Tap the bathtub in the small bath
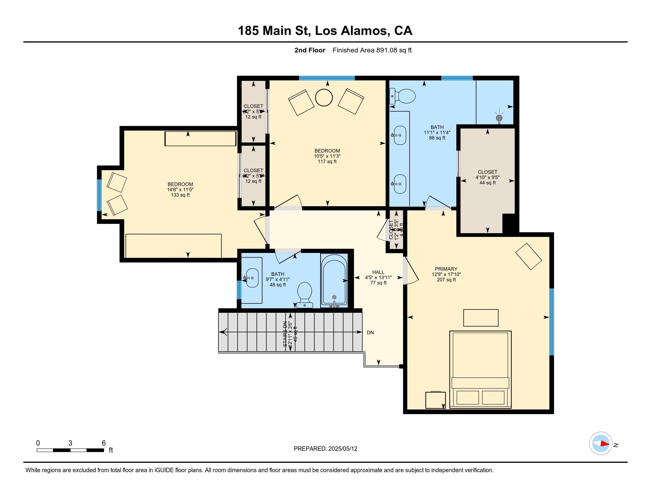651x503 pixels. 334,280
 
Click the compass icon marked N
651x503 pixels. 601,444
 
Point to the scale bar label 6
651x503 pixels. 104,443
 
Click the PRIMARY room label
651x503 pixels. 446,269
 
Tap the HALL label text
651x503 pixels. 378,272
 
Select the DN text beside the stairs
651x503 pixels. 370,333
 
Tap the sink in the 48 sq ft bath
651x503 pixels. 252,278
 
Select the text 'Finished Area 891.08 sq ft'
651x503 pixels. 372,50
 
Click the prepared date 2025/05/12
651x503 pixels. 342,449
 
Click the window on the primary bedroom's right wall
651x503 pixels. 552,322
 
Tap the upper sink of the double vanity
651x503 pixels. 400,135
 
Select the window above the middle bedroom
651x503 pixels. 327,78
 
